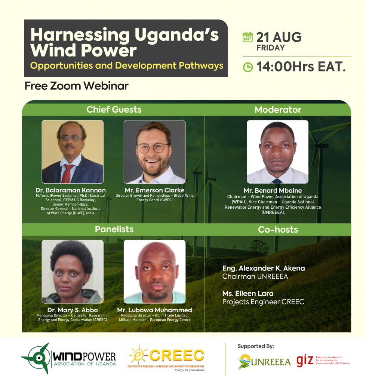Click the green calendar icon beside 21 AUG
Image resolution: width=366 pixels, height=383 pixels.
pyautogui.click(x=247, y=37)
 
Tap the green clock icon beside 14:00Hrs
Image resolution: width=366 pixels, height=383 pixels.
pyautogui.click(x=248, y=67)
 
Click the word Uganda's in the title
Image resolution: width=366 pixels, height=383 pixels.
pyautogui.click(x=176, y=35)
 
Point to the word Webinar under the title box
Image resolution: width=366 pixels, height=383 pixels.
pyautogui.click(x=106, y=86)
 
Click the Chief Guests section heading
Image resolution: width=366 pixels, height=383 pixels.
pyautogui.click(x=114, y=110)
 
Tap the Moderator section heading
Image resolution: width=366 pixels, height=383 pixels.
pyautogui.click(x=278, y=110)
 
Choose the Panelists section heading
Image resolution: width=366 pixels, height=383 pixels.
pyautogui.click(x=114, y=229)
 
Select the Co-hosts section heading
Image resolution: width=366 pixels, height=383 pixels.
pyautogui.click(x=278, y=230)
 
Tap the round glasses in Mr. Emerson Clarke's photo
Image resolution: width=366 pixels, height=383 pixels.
pyautogui.click(x=153, y=147)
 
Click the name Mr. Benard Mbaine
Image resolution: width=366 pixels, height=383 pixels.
pyautogui.click(x=273, y=190)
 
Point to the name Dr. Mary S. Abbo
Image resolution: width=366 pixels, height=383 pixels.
pyautogui.click(x=73, y=310)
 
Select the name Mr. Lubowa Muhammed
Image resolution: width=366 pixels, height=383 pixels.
pyautogui.click(x=154, y=310)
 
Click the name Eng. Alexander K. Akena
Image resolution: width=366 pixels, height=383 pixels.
pyautogui.click(x=264, y=268)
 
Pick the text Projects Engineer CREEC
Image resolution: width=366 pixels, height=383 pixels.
pyautogui.click(x=263, y=302)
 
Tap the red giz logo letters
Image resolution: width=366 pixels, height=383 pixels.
pyautogui.click(x=305, y=361)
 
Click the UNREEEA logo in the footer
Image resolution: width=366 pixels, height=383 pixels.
pyautogui.click(x=264, y=362)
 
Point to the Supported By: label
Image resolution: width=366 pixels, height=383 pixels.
pyautogui.click(x=256, y=346)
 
